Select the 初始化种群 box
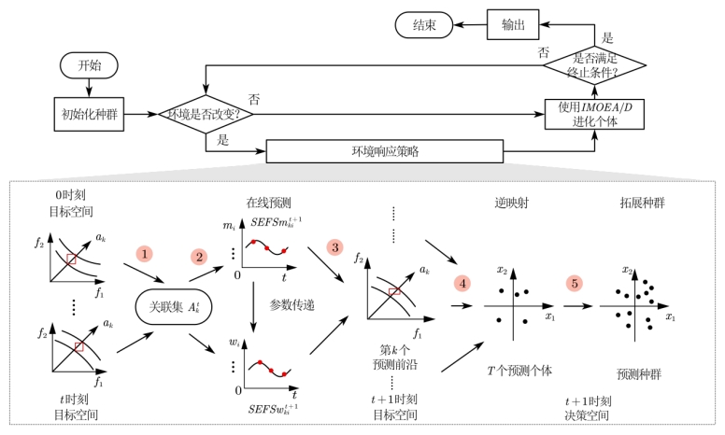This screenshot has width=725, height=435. coord(89,114)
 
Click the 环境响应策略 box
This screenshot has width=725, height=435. coord(384,150)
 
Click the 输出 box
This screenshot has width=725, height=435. coord(514,25)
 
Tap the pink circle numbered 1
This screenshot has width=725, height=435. coord(144,254)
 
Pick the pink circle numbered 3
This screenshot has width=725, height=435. coord(334,248)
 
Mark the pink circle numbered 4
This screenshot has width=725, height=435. coord(460,280)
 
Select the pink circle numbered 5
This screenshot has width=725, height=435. coord(576,281)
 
